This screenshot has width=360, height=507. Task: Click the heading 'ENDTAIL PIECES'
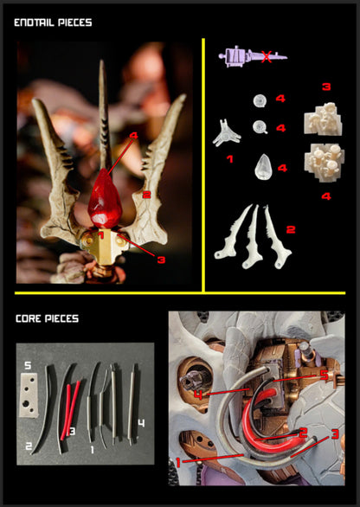click(x=53, y=22)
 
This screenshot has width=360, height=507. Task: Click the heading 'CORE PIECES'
click(x=48, y=318)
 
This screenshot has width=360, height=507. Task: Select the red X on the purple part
click(x=267, y=58)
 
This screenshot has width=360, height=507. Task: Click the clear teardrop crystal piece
click(x=263, y=165)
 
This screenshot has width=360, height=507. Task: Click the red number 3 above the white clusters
click(x=326, y=87)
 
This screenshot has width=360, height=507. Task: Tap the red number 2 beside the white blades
click(x=292, y=229)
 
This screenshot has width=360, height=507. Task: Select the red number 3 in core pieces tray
click(x=73, y=429)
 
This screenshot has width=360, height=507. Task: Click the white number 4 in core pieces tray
click(x=141, y=423)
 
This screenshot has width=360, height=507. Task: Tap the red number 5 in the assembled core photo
click(x=323, y=374)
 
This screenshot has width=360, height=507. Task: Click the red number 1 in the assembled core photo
click(x=177, y=462)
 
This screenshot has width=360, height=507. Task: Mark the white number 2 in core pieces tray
click(x=29, y=446)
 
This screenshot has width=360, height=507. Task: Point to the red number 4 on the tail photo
click(x=133, y=136)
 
